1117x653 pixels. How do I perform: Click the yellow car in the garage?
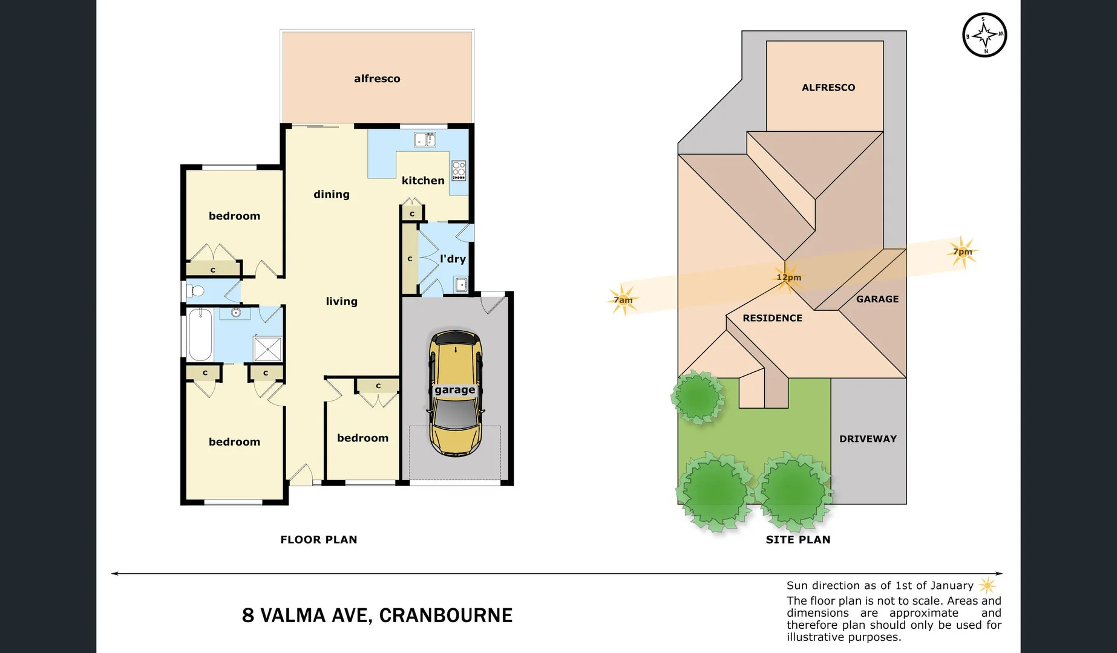tap(456, 393)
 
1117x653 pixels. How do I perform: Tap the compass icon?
tap(984, 35)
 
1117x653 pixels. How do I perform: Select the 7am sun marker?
tap(623, 300)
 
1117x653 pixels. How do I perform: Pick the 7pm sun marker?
tap(962, 252)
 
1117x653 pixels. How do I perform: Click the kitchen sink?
tap(425, 140)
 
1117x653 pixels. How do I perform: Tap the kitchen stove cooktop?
tap(459, 171)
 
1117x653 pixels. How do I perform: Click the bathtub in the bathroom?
tap(200, 334)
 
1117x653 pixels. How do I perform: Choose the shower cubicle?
tap(267, 349)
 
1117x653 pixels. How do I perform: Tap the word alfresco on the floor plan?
tap(377, 79)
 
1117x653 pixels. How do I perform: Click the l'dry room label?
tap(453, 259)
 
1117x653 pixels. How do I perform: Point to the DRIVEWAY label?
tap(868, 439)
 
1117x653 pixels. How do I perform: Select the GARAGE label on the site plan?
tap(877, 299)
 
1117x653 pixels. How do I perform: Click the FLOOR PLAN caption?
tap(318, 539)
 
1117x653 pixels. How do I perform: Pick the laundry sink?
tap(461, 284)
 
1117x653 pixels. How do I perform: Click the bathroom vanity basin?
tap(237, 313)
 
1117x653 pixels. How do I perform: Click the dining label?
tap(331, 194)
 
